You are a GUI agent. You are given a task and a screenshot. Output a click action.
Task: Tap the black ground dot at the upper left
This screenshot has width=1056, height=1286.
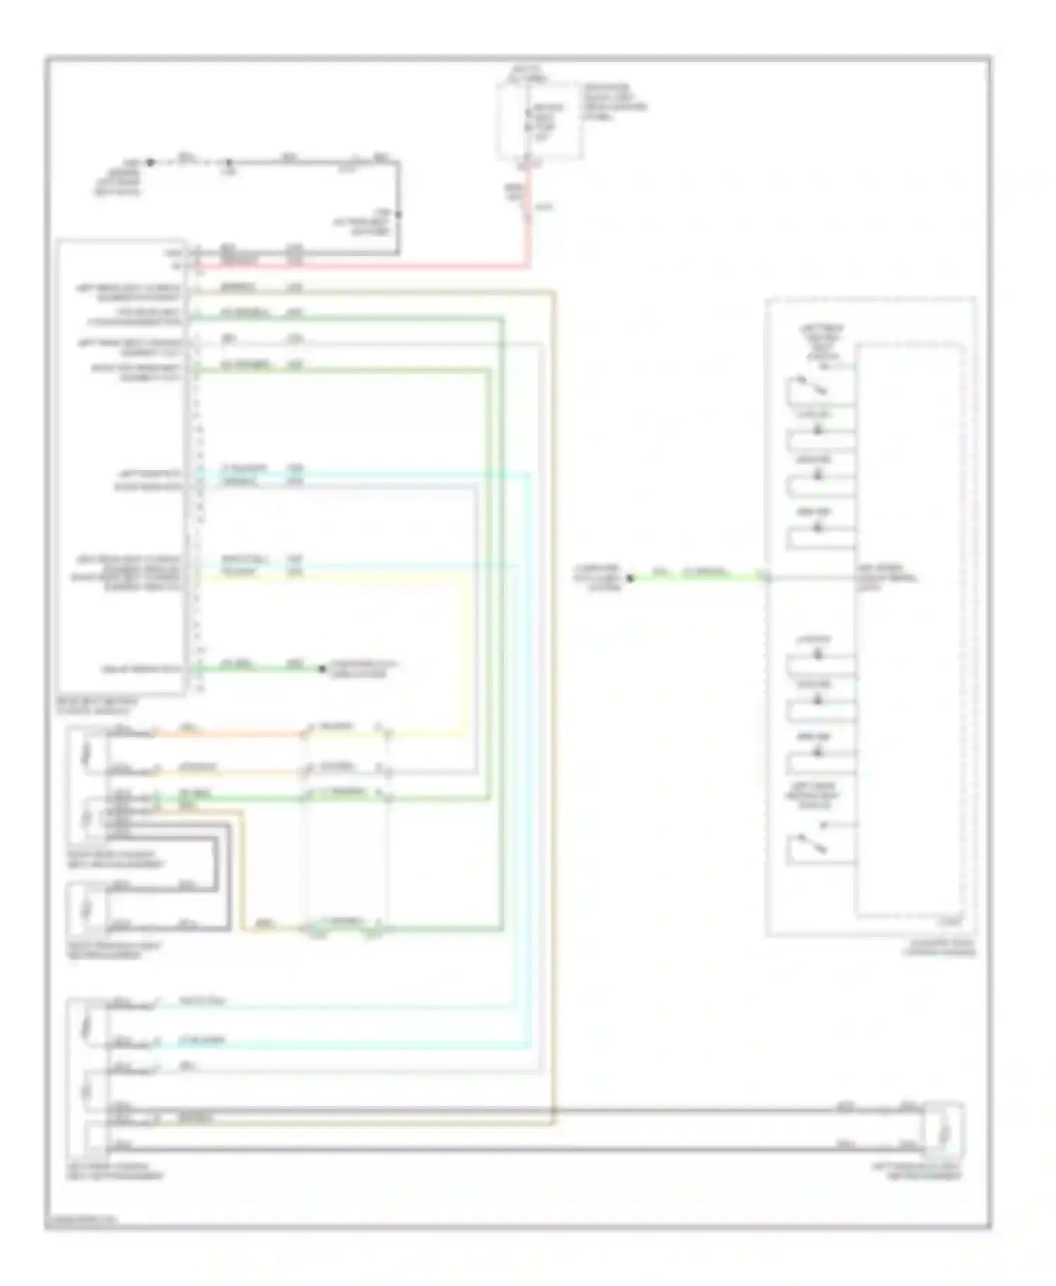(150, 162)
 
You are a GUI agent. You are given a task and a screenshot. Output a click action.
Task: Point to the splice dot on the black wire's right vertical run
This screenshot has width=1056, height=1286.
(398, 214)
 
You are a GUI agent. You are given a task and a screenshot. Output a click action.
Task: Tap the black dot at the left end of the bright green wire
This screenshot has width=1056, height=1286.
(630, 578)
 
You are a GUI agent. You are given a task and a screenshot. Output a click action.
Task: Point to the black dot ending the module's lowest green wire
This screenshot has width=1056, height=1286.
(321, 668)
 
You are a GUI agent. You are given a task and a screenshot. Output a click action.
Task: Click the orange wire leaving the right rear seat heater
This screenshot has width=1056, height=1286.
(225, 734)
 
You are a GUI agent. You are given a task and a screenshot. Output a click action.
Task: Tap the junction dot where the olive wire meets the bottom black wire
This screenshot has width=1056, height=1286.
(553, 1110)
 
